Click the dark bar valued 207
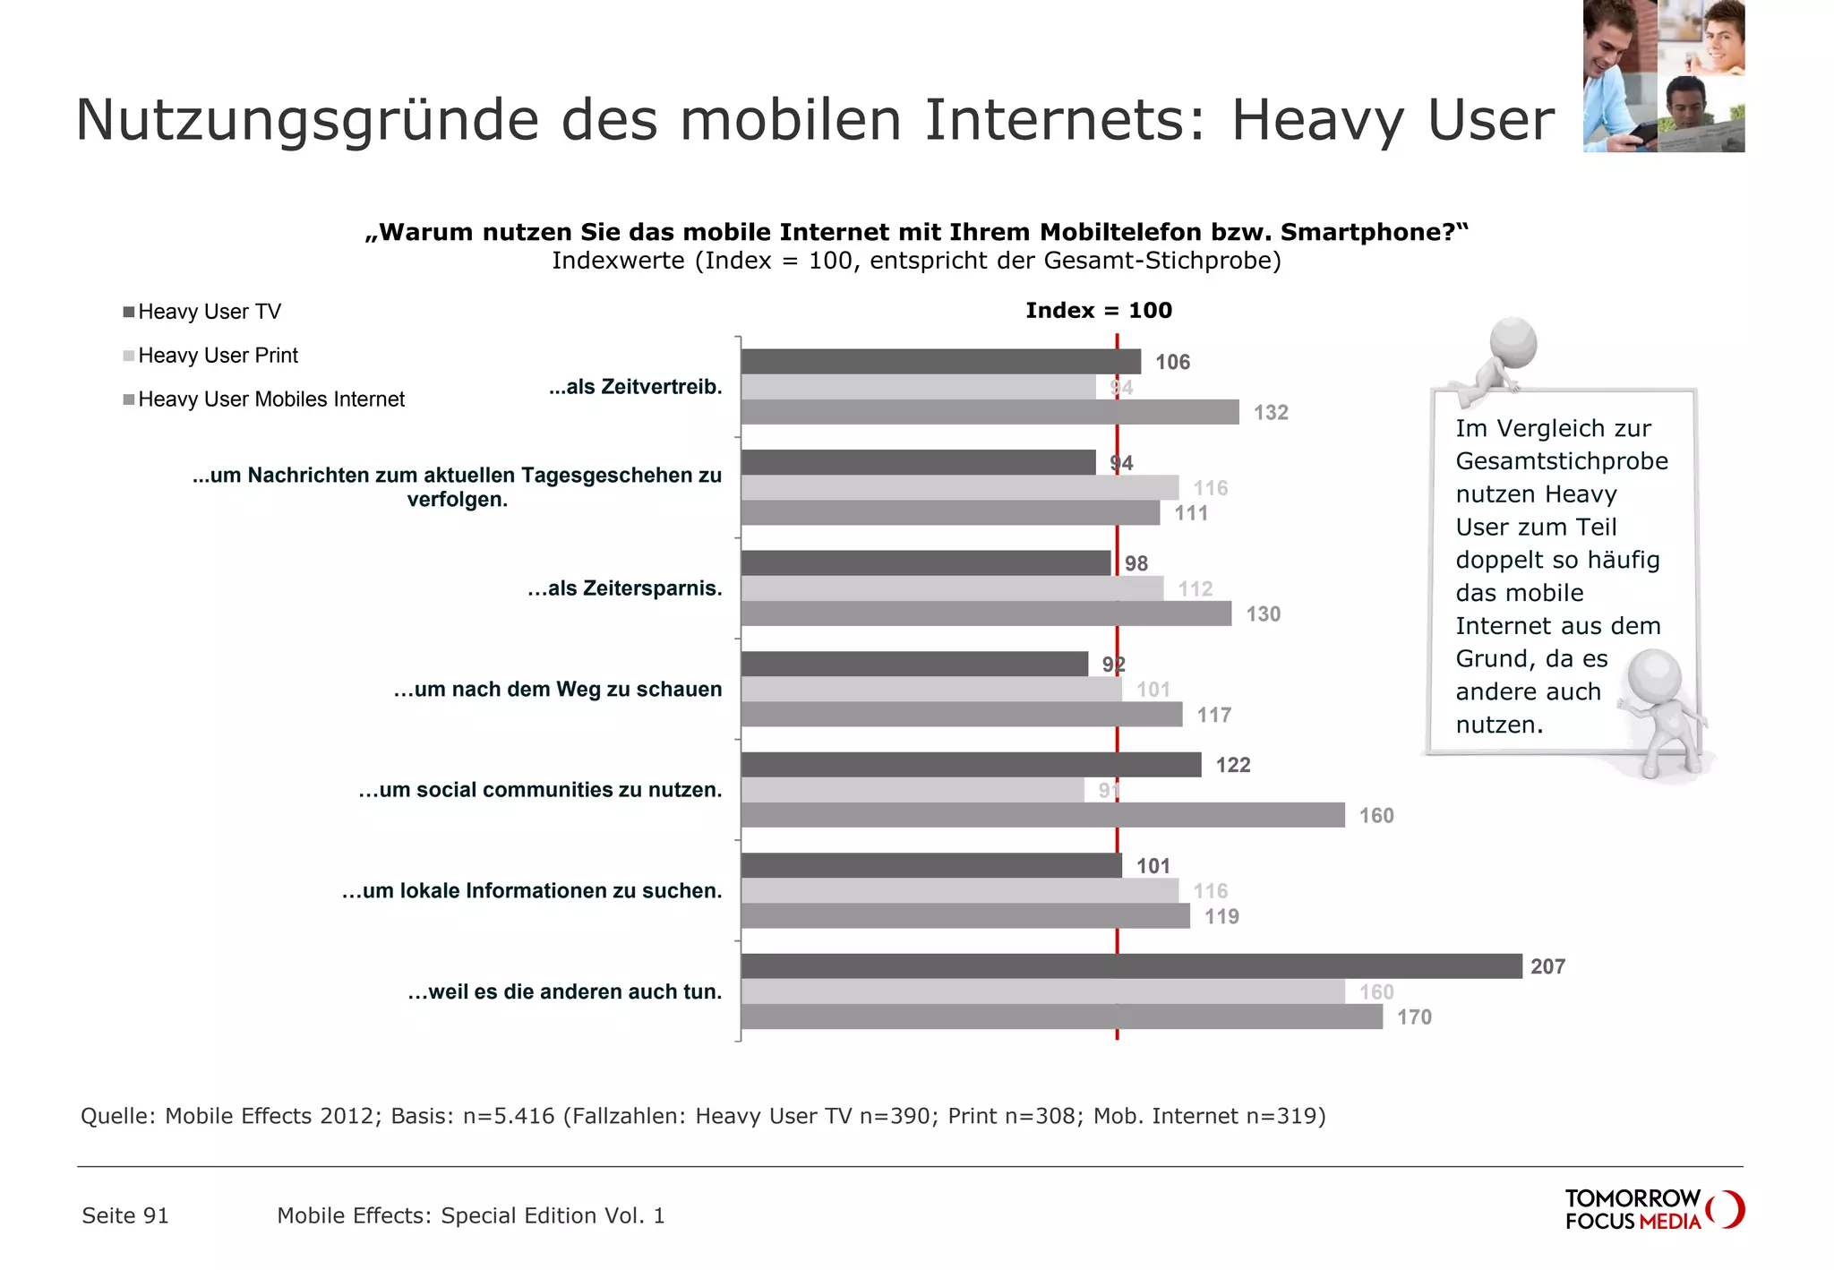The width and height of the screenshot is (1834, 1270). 1131,965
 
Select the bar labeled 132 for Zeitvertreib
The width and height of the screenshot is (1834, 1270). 990,412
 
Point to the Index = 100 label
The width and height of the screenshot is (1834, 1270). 1098,311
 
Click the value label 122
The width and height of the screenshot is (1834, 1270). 1232,765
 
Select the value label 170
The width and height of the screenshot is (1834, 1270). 1414,1017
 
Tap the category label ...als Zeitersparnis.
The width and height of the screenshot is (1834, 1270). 624,588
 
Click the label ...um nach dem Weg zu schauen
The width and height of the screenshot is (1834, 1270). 557,690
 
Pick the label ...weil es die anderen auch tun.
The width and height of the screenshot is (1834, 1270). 564,991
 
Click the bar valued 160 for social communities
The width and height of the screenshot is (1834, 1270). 1042,815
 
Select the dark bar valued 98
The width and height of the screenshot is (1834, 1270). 925,563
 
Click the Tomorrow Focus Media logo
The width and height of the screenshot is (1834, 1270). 1653,1209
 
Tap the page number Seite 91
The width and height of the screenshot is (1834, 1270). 125,1215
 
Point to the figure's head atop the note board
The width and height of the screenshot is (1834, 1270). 1513,342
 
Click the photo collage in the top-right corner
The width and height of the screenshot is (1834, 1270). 1663,76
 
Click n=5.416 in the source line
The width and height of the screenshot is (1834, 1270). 509,1116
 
